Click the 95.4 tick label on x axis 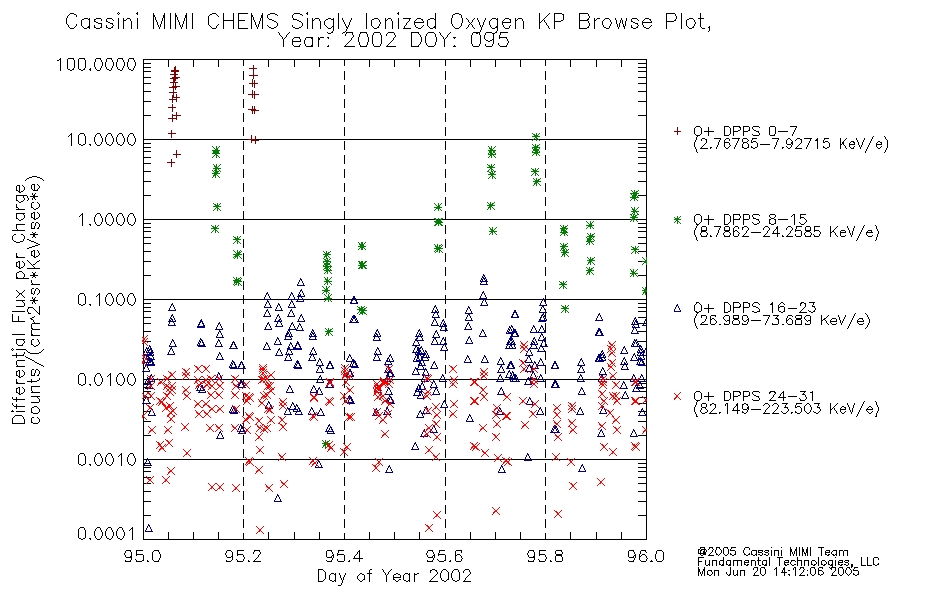pos(344,556)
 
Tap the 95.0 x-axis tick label pos(143,556)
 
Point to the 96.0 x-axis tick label pos(646,556)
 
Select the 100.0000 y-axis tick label pos(96,64)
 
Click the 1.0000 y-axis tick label pos(107,219)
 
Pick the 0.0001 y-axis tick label pos(107,533)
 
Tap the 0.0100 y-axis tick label pos(107,380)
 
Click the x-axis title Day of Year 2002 pos(394,576)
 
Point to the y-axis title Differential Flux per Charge pos(19,303)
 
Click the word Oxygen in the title pos(488,22)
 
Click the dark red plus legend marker pos(677,131)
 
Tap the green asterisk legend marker pos(677,219)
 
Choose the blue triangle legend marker pos(677,308)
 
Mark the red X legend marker pos(677,396)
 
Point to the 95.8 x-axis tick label pos(545,556)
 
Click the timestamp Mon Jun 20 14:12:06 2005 pos(778,572)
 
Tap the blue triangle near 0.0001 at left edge pos(149,528)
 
